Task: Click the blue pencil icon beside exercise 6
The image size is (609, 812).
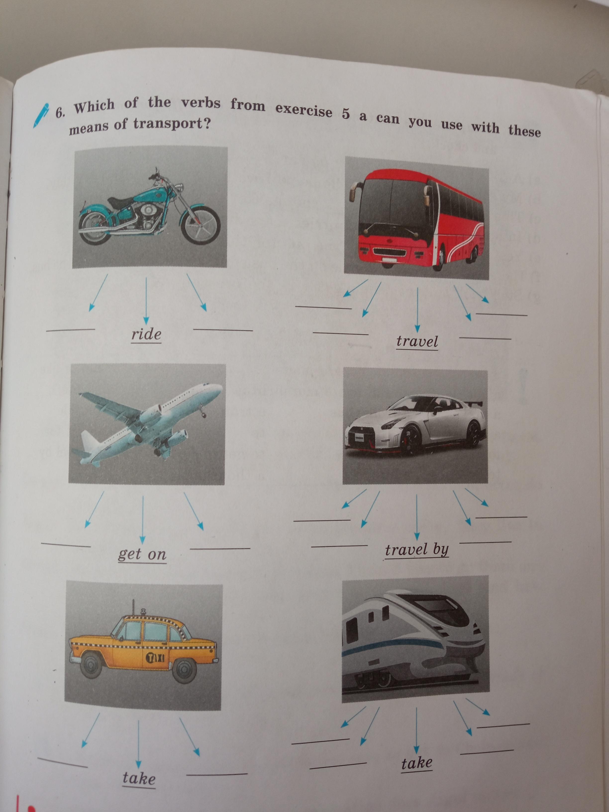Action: (x=41, y=115)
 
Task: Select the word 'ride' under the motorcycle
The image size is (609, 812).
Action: (x=146, y=334)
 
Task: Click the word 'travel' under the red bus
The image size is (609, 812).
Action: (x=417, y=341)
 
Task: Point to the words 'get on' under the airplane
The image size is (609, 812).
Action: (x=142, y=554)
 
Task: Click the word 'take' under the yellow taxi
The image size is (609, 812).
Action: (x=139, y=778)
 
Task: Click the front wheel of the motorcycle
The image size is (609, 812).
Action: (x=201, y=225)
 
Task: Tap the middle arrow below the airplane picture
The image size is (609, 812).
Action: (x=143, y=520)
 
